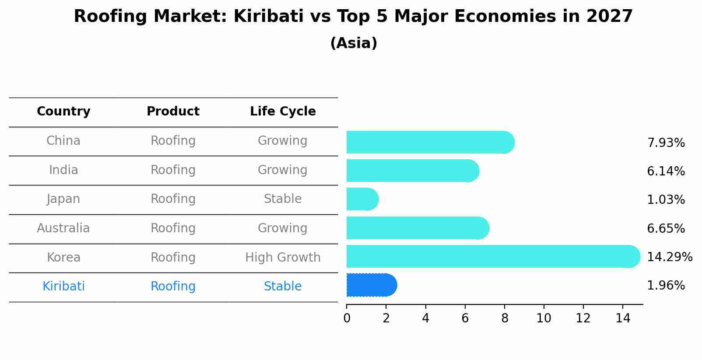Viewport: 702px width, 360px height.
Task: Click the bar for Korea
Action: click(x=493, y=256)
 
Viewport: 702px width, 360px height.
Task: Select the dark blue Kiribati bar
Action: click(x=372, y=285)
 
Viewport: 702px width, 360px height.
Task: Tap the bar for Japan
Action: click(x=362, y=199)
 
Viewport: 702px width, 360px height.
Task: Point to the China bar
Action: click(x=431, y=142)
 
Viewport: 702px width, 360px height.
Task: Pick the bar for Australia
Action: click(x=418, y=228)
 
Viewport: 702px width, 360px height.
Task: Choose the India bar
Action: click(x=413, y=171)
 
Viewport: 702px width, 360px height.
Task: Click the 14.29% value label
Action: click(x=670, y=257)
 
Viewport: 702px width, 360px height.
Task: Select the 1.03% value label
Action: click(x=666, y=199)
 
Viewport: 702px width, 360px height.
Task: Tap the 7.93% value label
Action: click(x=666, y=143)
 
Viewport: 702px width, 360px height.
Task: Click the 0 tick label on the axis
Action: click(x=347, y=318)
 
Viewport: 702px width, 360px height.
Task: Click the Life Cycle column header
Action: click(x=283, y=112)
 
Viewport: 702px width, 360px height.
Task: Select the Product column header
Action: click(x=173, y=111)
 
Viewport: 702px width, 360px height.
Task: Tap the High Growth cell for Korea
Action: click(x=283, y=258)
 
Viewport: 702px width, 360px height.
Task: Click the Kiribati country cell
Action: click(x=63, y=286)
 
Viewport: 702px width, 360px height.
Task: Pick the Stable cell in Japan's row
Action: click(x=283, y=199)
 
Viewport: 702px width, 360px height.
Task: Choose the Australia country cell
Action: click(x=63, y=228)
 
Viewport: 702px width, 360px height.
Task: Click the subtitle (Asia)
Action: click(x=354, y=43)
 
